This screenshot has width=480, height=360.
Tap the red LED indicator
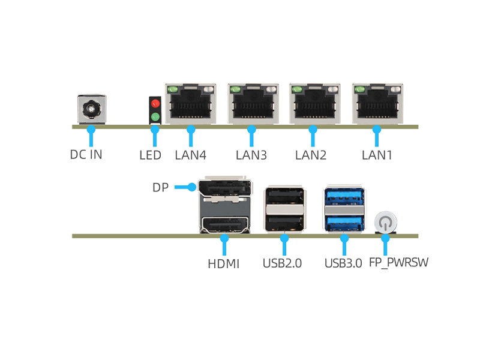155,104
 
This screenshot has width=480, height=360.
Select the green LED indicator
155,116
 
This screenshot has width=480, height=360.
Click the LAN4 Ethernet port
190,104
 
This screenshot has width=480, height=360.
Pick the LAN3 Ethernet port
253,104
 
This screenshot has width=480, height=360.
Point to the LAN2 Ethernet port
315,104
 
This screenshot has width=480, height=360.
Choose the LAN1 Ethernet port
377,104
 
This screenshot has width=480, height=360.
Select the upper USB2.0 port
284,197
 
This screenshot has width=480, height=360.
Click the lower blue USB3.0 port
344,222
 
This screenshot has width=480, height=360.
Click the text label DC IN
86,154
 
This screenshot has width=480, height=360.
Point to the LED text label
150,155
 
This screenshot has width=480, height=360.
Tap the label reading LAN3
251,155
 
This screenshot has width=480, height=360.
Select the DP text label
160,188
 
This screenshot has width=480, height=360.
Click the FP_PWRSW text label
398,263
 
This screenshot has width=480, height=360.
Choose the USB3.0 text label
343,263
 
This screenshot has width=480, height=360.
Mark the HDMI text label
223,263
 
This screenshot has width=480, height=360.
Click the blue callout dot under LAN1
377,128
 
